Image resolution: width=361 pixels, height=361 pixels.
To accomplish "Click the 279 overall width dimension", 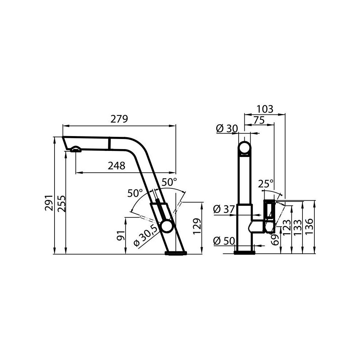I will (x=119, y=119).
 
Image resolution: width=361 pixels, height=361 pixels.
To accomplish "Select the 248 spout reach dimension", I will (x=117, y=166).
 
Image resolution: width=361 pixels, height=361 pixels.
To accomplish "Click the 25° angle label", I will (x=266, y=184).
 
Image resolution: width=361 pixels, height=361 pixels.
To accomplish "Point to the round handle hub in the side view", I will (x=166, y=227).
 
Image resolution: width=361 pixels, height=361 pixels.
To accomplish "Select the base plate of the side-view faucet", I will (x=176, y=253).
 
